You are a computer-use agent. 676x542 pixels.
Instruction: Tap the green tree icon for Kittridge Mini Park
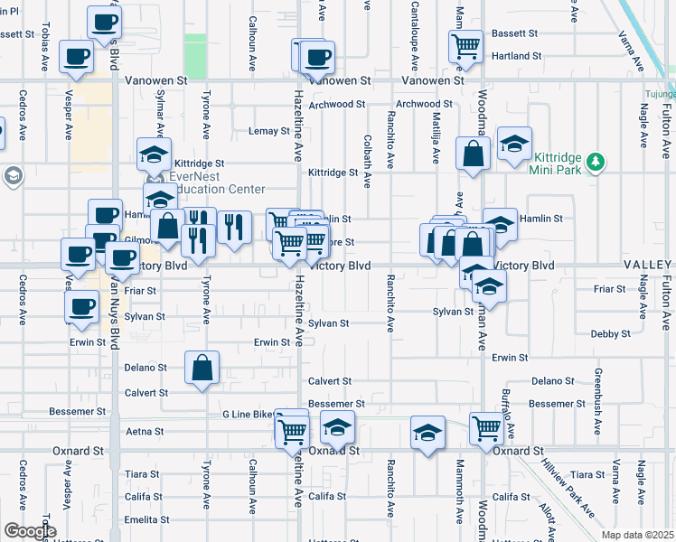tap(594, 163)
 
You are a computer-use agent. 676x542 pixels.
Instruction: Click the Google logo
tap(29, 531)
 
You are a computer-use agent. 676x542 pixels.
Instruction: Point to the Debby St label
tap(611, 333)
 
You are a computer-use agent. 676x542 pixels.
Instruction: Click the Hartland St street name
tap(518, 55)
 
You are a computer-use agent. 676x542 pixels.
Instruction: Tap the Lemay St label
tap(268, 131)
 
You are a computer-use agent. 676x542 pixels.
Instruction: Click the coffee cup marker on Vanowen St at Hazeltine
tap(316, 57)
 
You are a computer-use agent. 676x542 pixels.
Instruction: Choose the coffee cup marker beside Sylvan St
tap(82, 306)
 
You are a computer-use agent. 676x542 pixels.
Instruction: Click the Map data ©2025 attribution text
tap(637, 535)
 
